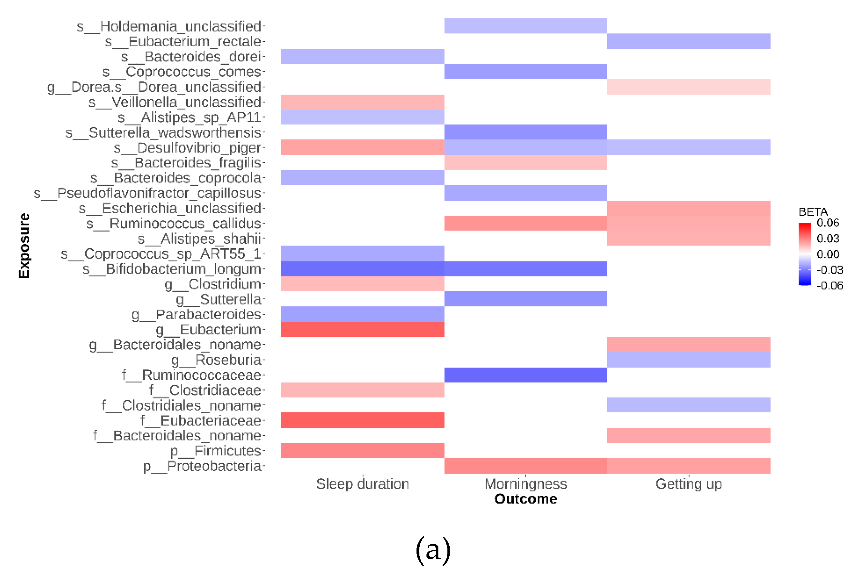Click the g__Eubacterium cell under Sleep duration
[x=362, y=329]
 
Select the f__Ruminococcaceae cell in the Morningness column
[x=525, y=375]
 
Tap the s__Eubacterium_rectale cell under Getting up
[x=689, y=41]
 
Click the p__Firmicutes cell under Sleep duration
[x=362, y=451]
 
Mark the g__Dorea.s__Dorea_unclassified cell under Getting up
[x=689, y=87]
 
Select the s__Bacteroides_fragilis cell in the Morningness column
[x=525, y=163]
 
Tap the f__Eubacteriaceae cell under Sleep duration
[x=362, y=420]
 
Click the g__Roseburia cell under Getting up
[x=689, y=360]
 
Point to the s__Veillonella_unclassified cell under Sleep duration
[x=362, y=102]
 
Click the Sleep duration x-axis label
[x=362, y=484]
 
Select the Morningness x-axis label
[x=525, y=484]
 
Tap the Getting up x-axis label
[x=689, y=484]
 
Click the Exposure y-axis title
[x=24, y=246]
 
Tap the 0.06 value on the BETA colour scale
[x=828, y=223]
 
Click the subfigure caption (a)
[x=433, y=550]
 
